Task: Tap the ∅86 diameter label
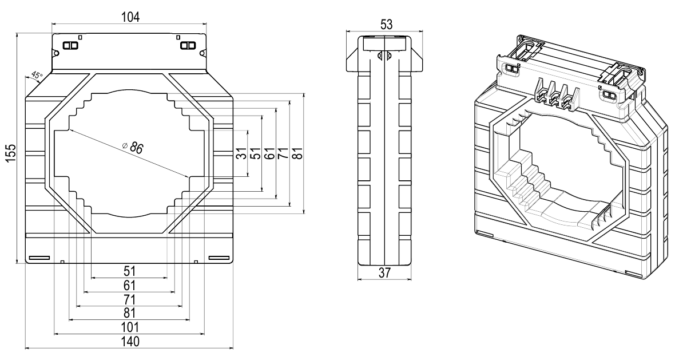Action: point(133,147)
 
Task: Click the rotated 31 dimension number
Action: point(242,153)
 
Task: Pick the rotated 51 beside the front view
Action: point(256,153)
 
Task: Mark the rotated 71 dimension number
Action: point(284,153)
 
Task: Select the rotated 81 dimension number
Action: point(297,153)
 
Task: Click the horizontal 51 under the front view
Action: point(129,271)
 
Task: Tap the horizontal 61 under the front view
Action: point(129,285)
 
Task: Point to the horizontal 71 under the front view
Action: point(129,299)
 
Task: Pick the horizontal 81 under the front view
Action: point(129,313)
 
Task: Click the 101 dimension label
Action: point(129,327)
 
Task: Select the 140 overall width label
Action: point(129,341)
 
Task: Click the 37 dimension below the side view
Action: point(384,274)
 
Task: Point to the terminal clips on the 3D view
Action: point(553,94)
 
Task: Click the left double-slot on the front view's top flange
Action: point(70,45)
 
